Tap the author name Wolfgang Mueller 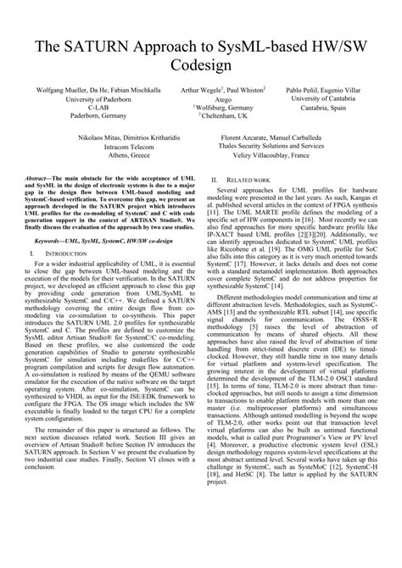tap(59, 89)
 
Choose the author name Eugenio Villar tap(342, 89)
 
